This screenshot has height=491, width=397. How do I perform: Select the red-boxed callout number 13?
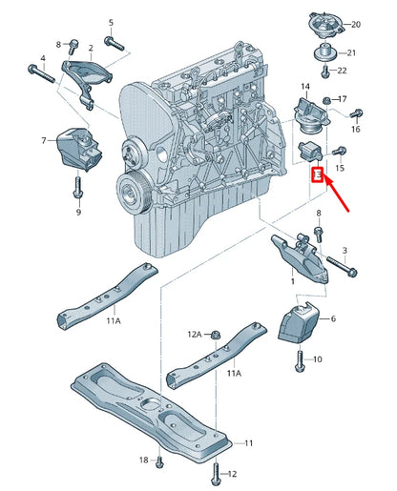pyautogui.click(x=318, y=174)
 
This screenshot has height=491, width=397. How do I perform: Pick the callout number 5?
pyautogui.click(x=111, y=21)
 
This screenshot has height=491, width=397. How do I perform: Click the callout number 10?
pyautogui.click(x=318, y=359)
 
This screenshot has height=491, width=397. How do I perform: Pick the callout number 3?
pyautogui.click(x=345, y=250)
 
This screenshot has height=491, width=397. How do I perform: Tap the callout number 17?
pyautogui.click(x=344, y=98)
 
